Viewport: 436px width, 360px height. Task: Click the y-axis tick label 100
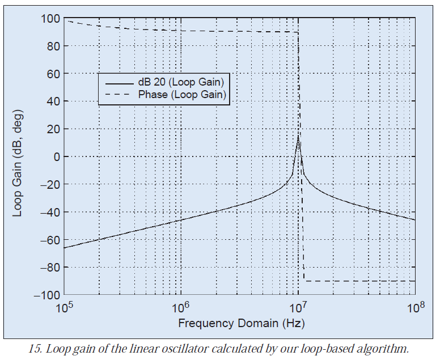pos(48,19)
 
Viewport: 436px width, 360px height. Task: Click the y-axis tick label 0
pos(54,156)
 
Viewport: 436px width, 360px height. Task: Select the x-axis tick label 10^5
pos(64,308)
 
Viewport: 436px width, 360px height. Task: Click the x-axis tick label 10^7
pos(298,308)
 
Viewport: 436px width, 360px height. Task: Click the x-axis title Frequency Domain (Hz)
pos(241,324)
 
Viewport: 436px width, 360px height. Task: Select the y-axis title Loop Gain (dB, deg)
pos(18,156)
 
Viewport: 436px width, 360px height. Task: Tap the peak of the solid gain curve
pos(298,135)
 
